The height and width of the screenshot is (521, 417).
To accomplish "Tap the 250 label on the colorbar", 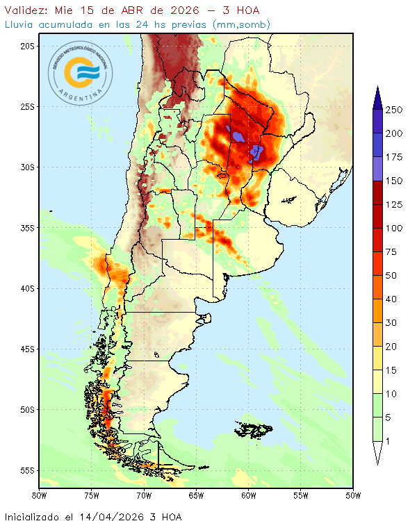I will pyautogui.click(x=395, y=110).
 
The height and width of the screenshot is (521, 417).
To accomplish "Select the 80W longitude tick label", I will pyautogui.click(x=40, y=496).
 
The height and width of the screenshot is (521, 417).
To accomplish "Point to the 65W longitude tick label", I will pyautogui.click(x=196, y=496).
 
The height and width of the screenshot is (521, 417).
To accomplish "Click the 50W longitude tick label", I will pyautogui.click(x=353, y=496).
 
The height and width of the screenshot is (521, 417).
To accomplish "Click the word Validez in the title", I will pyautogui.click(x=25, y=10).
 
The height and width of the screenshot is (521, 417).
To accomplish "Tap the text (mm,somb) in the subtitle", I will pyautogui.click(x=243, y=24).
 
